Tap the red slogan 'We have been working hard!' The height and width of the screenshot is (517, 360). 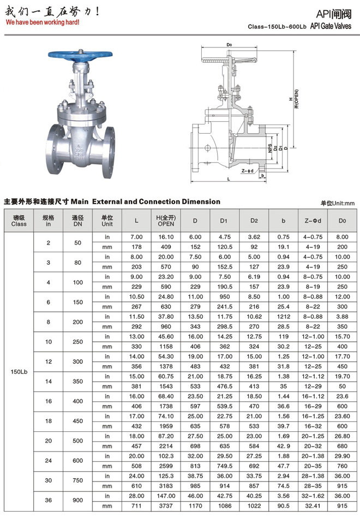click(x=43, y=22)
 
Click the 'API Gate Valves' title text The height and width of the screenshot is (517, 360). click(x=331, y=26)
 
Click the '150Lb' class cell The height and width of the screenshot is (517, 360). click(x=19, y=372)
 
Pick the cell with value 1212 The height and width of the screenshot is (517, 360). click(x=283, y=316)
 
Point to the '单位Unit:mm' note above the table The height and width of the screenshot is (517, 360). click(x=337, y=203)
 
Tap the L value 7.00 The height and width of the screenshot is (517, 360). click(x=136, y=236)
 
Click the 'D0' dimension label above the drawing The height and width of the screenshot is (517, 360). click(x=229, y=45)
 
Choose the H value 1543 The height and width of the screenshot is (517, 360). click(x=166, y=386)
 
